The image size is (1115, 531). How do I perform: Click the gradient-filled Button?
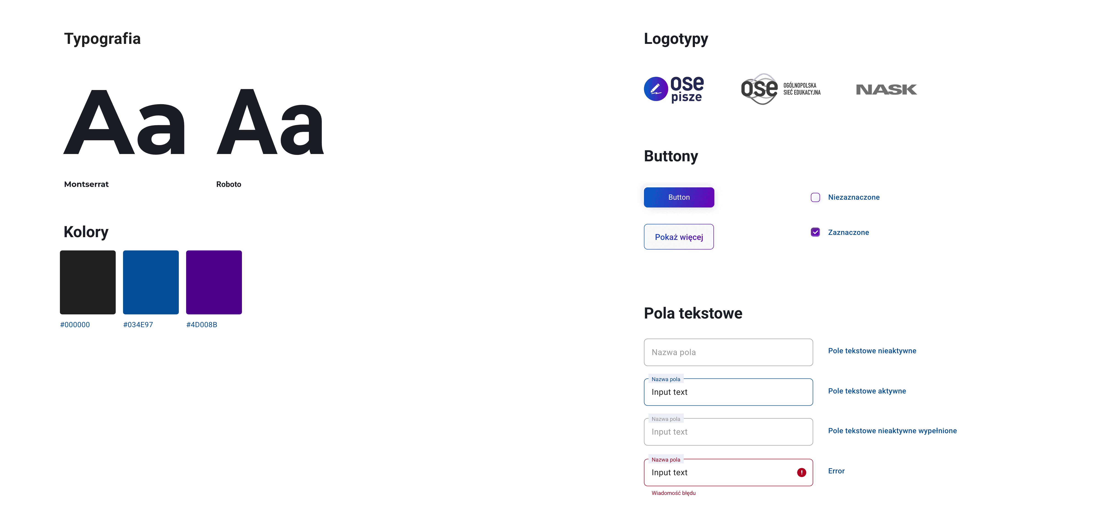click(x=679, y=197)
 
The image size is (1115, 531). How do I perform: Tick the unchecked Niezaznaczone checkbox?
click(x=815, y=198)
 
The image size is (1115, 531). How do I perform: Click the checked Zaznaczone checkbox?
click(x=815, y=232)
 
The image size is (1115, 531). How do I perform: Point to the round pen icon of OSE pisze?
click(x=656, y=89)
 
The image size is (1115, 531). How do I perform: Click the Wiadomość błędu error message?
click(x=673, y=493)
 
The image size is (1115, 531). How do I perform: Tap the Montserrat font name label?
click(x=86, y=184)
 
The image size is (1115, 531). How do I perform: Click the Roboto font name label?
click(x=228, y=184)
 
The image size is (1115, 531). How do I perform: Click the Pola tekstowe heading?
click(x=693, y=313)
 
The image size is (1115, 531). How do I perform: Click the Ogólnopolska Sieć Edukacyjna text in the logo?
click(x=802, y=89)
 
